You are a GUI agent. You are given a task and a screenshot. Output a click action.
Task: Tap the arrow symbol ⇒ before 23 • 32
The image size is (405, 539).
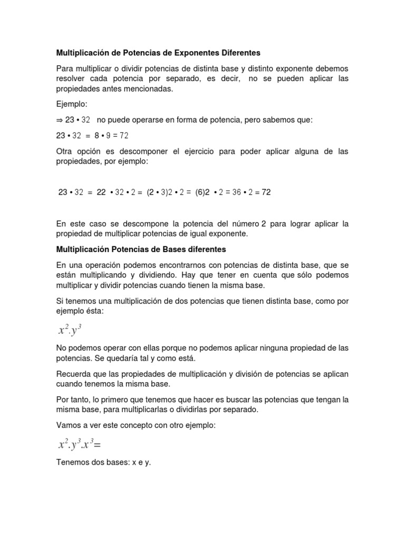(x=60, y=120)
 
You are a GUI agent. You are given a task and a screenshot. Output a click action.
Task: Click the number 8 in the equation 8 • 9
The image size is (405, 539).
(x=98, y=135)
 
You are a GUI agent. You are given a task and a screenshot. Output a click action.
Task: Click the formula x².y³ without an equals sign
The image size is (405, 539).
(x=70, y=330)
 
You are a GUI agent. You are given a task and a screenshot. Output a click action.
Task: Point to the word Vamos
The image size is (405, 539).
(x=70, y=425)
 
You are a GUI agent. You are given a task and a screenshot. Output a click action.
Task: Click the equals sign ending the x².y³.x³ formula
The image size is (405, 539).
(x=97, y=445)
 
